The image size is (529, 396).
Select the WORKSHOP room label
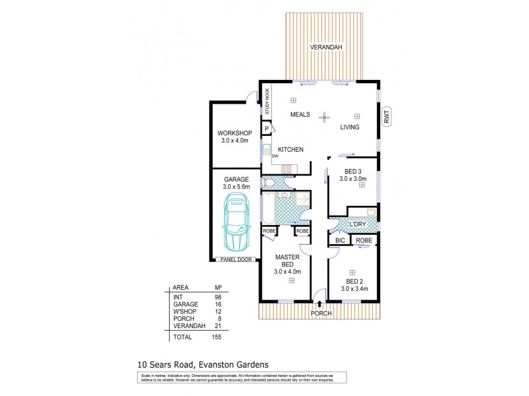tap(233, 136)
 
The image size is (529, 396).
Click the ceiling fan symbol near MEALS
tap(324, 117)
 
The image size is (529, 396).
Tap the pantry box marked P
tap(266, 129)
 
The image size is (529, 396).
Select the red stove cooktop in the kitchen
tap(287, 169)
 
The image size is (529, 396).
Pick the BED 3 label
tap(352, 173)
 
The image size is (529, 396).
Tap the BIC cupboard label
tap(341, 241)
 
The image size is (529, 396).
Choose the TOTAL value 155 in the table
tap(216, 337)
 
